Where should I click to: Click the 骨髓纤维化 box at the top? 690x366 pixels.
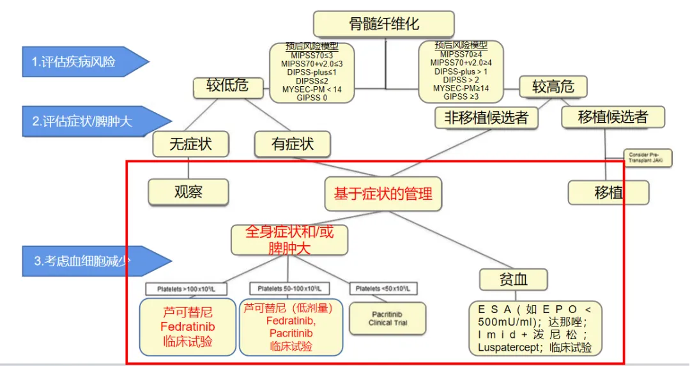tap(384, 25)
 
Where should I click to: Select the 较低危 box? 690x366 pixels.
tap(227, 86)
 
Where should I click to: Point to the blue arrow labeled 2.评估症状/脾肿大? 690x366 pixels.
tap(89, 121)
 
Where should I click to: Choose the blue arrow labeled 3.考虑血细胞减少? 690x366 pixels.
tap(89, 261)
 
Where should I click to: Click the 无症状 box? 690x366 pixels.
tap(190, 144)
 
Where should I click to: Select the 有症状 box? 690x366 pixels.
tap(293, 144)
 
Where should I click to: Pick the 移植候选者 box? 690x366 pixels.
tap(612, 117)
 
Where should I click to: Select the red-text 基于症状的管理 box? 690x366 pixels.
tap(383, 193)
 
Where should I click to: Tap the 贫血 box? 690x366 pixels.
tap(514, 278)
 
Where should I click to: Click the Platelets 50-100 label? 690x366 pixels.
tap(289, 289)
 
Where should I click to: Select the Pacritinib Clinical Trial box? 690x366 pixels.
tap(388, 318)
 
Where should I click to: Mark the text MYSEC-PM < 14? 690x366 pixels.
tap(312, 89)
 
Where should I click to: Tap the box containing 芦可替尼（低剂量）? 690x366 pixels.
tap(291, 327)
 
